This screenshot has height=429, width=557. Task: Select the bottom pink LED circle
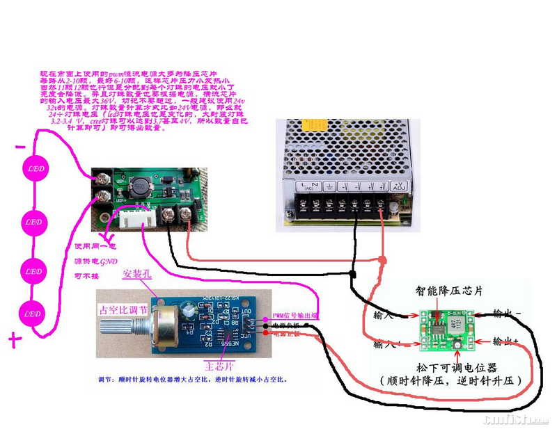click(x=33, y=314)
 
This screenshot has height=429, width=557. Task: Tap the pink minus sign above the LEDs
click(x=21, y=147)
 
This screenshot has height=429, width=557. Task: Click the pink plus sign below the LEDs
click(x=13, y=339)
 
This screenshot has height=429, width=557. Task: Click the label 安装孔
click(x=136, y=274)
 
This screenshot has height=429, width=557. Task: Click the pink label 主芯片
click(x=218, y=363)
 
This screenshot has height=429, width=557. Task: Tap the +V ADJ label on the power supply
click(x=398, y=186)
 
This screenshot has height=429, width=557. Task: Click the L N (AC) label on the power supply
click(x=306, y=186)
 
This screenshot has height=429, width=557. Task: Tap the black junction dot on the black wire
click(x=354, y=276)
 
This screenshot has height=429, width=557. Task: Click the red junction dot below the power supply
click(x=383, y=260)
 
